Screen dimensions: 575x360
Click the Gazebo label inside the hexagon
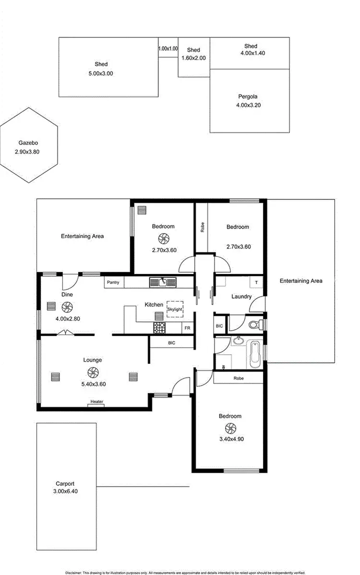click(28, 143)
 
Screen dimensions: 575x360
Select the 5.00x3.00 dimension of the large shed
click(101, 73)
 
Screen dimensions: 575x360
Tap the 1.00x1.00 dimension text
click(168, 48)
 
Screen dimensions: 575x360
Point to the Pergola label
click(249, 96)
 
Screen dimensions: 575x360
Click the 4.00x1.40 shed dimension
click(252, 54)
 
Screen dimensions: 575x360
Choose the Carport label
click(65, 484)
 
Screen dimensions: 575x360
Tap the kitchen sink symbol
click(163, 282)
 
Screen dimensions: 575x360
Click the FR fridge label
click(187, 328)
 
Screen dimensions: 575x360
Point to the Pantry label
click(113, 283)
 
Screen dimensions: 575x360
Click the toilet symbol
click(256, 325)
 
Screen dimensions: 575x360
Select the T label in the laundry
click(256, 282)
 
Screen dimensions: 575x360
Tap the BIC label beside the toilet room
click(219, 326)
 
